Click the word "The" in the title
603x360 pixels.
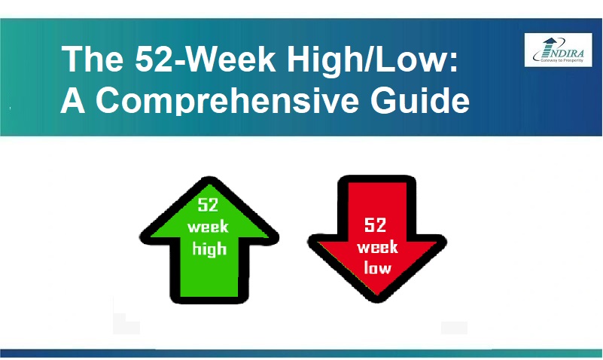click(x=93, y=59)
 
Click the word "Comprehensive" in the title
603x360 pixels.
click(x=227, y=100)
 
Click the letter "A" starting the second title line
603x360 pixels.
click(x=73, y=99)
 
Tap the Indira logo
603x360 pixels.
click(x=558, y=50)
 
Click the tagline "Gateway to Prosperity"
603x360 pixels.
click(x=562, y=60)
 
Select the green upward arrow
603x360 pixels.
click(x=209, y=239)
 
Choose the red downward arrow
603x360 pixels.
click(x=377, y=239)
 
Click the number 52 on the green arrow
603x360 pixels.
click(x=208, y=205)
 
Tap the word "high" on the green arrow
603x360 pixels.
click(x=209, y=249)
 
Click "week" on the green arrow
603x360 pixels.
click(x=208, y=227)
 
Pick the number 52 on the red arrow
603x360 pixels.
click(x=376, y=225)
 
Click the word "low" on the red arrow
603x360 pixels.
click(x=377, y=267)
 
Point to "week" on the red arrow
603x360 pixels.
click(x=377, y=247)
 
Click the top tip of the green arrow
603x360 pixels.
click(x=209, y=177)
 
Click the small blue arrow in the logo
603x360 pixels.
click(x=550, y=42)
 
